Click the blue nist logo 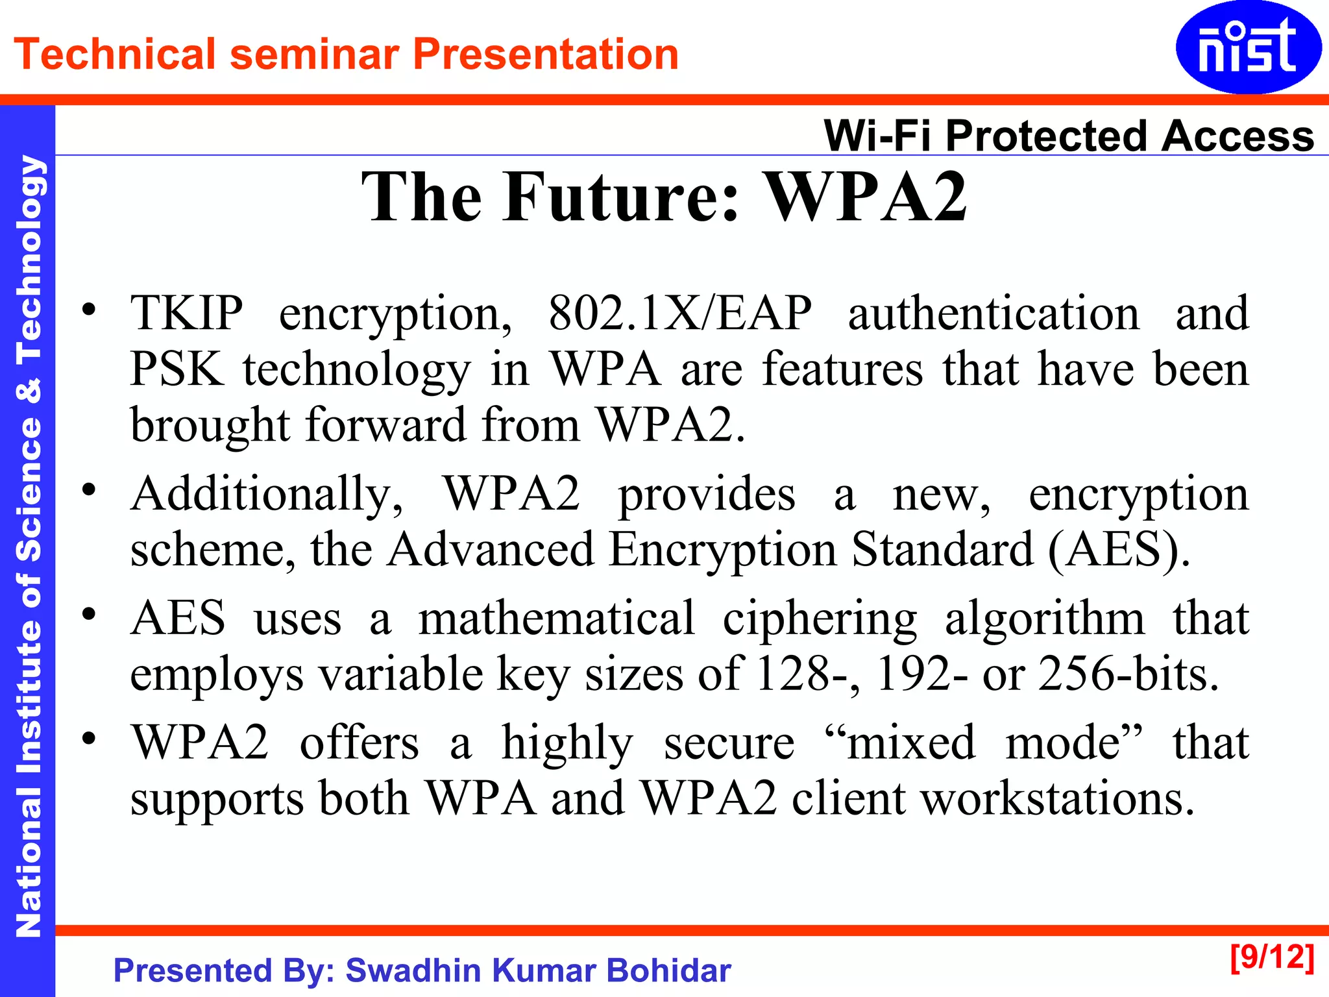pyautogui.click(x=1248, y=47)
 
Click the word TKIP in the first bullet pyautogui.click(x=186, y=313)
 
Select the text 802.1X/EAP pyautogui.click(x=679, y=313)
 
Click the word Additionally pyautogui.click(x=266, y=494)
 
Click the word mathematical pyautogui.click(x=556, y=618)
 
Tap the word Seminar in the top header pyautogui.click(x=314, y=54)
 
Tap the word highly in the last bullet pyautogui.click(x=567, y=743)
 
